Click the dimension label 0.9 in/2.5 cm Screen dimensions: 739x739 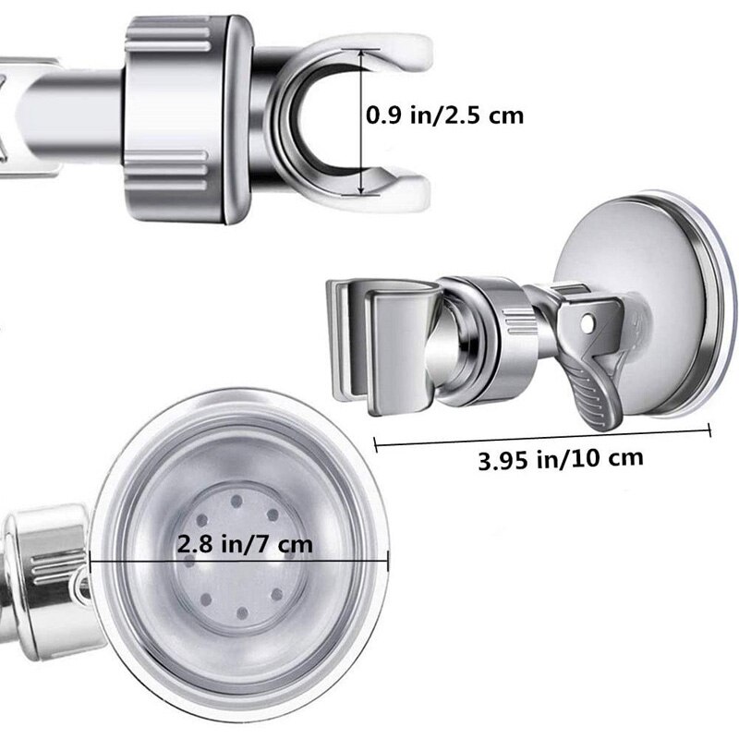[445, 115]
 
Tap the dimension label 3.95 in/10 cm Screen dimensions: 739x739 [561, 458]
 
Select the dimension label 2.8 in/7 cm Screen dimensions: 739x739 [245, 544]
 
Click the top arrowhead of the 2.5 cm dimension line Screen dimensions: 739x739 [361, 53]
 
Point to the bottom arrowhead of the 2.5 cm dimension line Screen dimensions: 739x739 [361, 189]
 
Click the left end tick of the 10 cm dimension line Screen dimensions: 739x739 [375, 445]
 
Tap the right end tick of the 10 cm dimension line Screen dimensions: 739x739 [709, 430]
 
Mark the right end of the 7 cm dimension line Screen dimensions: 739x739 [387, 561]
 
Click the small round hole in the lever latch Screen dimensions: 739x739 [587, 322]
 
